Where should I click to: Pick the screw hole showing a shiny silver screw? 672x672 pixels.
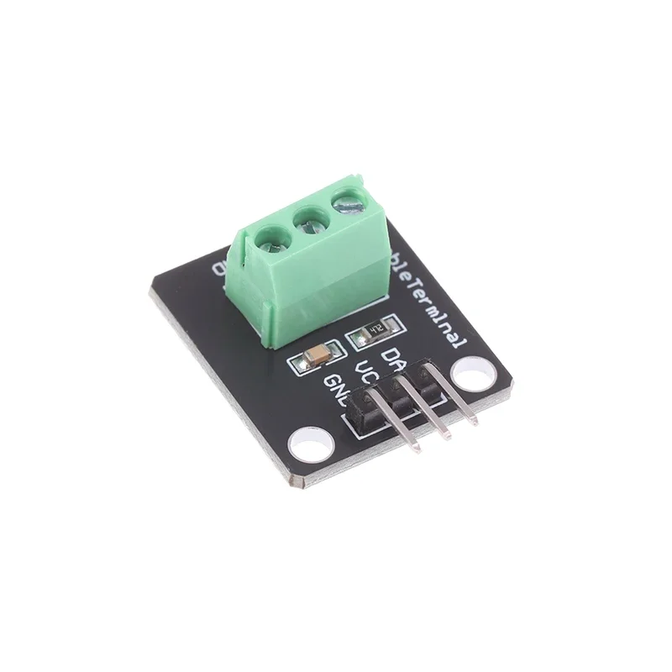tap(345, 202)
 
